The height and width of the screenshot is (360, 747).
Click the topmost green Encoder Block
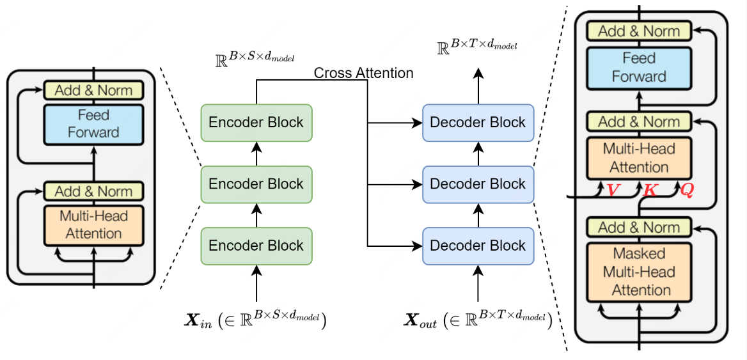(x=256, y=122)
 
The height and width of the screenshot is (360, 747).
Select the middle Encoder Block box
(x=256, y=184)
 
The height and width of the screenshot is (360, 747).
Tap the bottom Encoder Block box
(x=256, y=246)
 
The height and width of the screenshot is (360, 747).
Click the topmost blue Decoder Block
(x=478, y=122)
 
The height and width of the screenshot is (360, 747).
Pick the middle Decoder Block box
(x=478, y=184)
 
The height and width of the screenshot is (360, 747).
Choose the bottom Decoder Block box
(x=478, y=246)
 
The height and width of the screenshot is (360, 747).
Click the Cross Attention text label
(x=363, y=73)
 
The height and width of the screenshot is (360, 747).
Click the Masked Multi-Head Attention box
(x=639, y=272)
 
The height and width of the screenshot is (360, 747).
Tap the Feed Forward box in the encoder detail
(x=94, y=124)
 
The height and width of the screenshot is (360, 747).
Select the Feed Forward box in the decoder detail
(x=639, y=68)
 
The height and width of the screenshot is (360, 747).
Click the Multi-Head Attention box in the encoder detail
(x=94, y=225)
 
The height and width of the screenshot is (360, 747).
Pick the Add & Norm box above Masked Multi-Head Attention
(x=639, y=228)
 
